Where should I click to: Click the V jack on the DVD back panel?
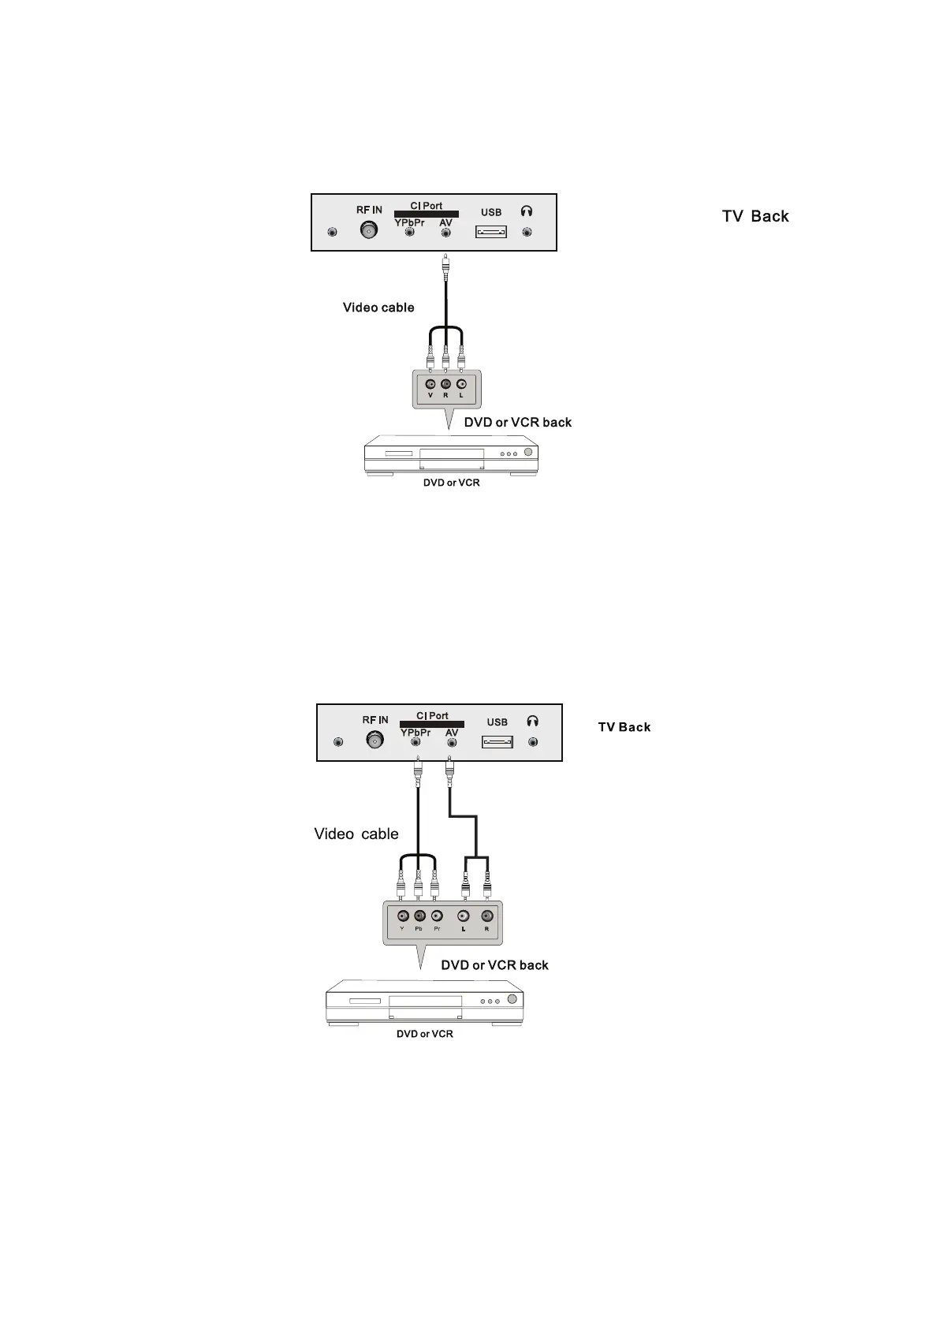(x=430, y=385)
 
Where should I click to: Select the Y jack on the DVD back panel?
(x=402, y=916)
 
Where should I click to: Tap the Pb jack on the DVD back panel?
(x=419, y=916)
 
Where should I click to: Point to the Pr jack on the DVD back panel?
(x=437, y=916)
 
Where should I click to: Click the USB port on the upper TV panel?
(x=490, y=232)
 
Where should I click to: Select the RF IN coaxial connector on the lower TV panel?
(x=374, y=741)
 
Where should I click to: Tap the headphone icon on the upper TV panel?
(x=527, y=211)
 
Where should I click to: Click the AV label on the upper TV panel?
(x=446, y=223)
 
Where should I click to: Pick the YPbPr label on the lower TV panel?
(x=415, y=733)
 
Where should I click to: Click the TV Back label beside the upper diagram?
(x=755, y=216)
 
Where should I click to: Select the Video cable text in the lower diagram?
(x=356, y=834)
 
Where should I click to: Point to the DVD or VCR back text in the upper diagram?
(x=518, y=423)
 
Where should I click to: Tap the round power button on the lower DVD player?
(x=513, y=1000)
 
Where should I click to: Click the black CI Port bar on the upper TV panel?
(x=427, y=214)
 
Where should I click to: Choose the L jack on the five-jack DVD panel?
(x=464, y=916)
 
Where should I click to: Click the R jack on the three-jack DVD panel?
(x=445, y=385)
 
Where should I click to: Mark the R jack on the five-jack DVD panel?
(x=486, y=916)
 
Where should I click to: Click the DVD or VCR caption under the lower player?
(x=425, y=1034)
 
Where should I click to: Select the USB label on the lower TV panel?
(x=497, y=722)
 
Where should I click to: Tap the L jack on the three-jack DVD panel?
(x=461, y=385)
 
